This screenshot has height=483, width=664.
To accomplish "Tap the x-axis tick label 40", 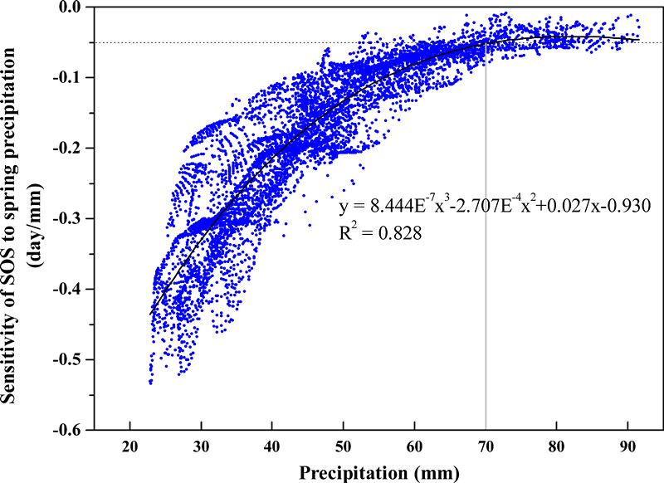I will [272, 445].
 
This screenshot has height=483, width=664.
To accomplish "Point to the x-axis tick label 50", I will [344, 445].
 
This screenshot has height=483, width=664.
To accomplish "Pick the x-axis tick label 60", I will [414, 445].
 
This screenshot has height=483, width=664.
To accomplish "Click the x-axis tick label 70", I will [486, 445].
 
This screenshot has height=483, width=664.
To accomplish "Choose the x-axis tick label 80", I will [556, 445].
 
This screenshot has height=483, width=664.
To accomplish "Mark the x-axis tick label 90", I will [627, 445].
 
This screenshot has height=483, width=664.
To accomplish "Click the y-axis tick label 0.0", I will [76, 7].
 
